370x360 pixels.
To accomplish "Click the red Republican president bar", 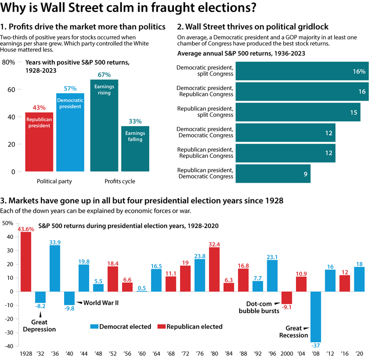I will click(x=39, y=142).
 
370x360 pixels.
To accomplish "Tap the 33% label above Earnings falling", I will click(x=135, y=121).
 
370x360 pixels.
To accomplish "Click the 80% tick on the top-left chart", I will click(x=9, y=62).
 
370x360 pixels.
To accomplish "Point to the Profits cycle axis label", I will click(x=120, y=181).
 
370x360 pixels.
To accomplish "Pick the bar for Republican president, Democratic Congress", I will click(x=273, y=173).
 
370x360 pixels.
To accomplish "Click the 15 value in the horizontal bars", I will click(x=354, y=112).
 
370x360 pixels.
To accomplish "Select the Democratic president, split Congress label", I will click(x=205, y=71).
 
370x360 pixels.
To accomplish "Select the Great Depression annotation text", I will click(x=39, y=325).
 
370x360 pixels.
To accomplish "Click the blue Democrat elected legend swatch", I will click(x=94, y=327).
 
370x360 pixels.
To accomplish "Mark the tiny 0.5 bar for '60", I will click(x=141, y=291).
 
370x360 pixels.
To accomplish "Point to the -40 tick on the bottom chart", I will click(x=8, y=346).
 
